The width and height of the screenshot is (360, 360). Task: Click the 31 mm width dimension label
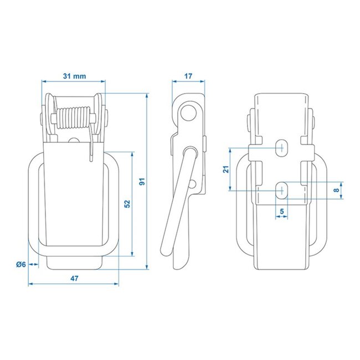coord(73,76)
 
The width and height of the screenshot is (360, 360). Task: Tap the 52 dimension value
coord(127,204)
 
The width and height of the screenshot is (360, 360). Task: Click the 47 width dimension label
coord(73,279)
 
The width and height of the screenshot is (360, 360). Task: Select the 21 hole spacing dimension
coord(226,169)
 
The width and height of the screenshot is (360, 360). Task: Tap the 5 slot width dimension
coord(282,211)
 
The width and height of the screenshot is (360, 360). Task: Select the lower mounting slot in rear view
coord(282,189)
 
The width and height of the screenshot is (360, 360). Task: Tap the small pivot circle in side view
coord(192,183)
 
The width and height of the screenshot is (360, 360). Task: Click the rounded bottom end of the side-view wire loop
coord(164,253)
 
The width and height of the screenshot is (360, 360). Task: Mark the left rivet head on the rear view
coord(248,119)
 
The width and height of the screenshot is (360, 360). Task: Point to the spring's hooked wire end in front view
coord(90,152)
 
